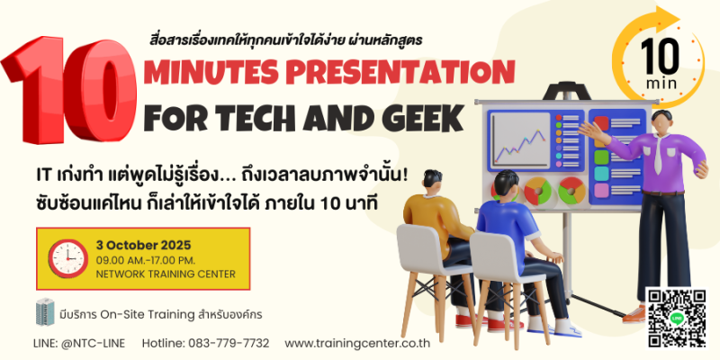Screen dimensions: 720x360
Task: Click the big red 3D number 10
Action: point(69,90)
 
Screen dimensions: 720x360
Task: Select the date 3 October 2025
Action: point(143,245)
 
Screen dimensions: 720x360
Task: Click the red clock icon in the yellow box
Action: point(68,258)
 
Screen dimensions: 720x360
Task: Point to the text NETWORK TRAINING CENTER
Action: point(166,274)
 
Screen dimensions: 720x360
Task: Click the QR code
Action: point(677,319)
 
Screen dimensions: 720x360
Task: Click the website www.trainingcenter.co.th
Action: point(357,344)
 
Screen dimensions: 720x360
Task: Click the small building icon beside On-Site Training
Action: point(45,312)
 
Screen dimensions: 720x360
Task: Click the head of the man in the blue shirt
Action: point(506,184)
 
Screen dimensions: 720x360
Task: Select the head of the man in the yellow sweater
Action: point(433,183)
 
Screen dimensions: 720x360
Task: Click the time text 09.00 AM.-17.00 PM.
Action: point(146,260)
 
